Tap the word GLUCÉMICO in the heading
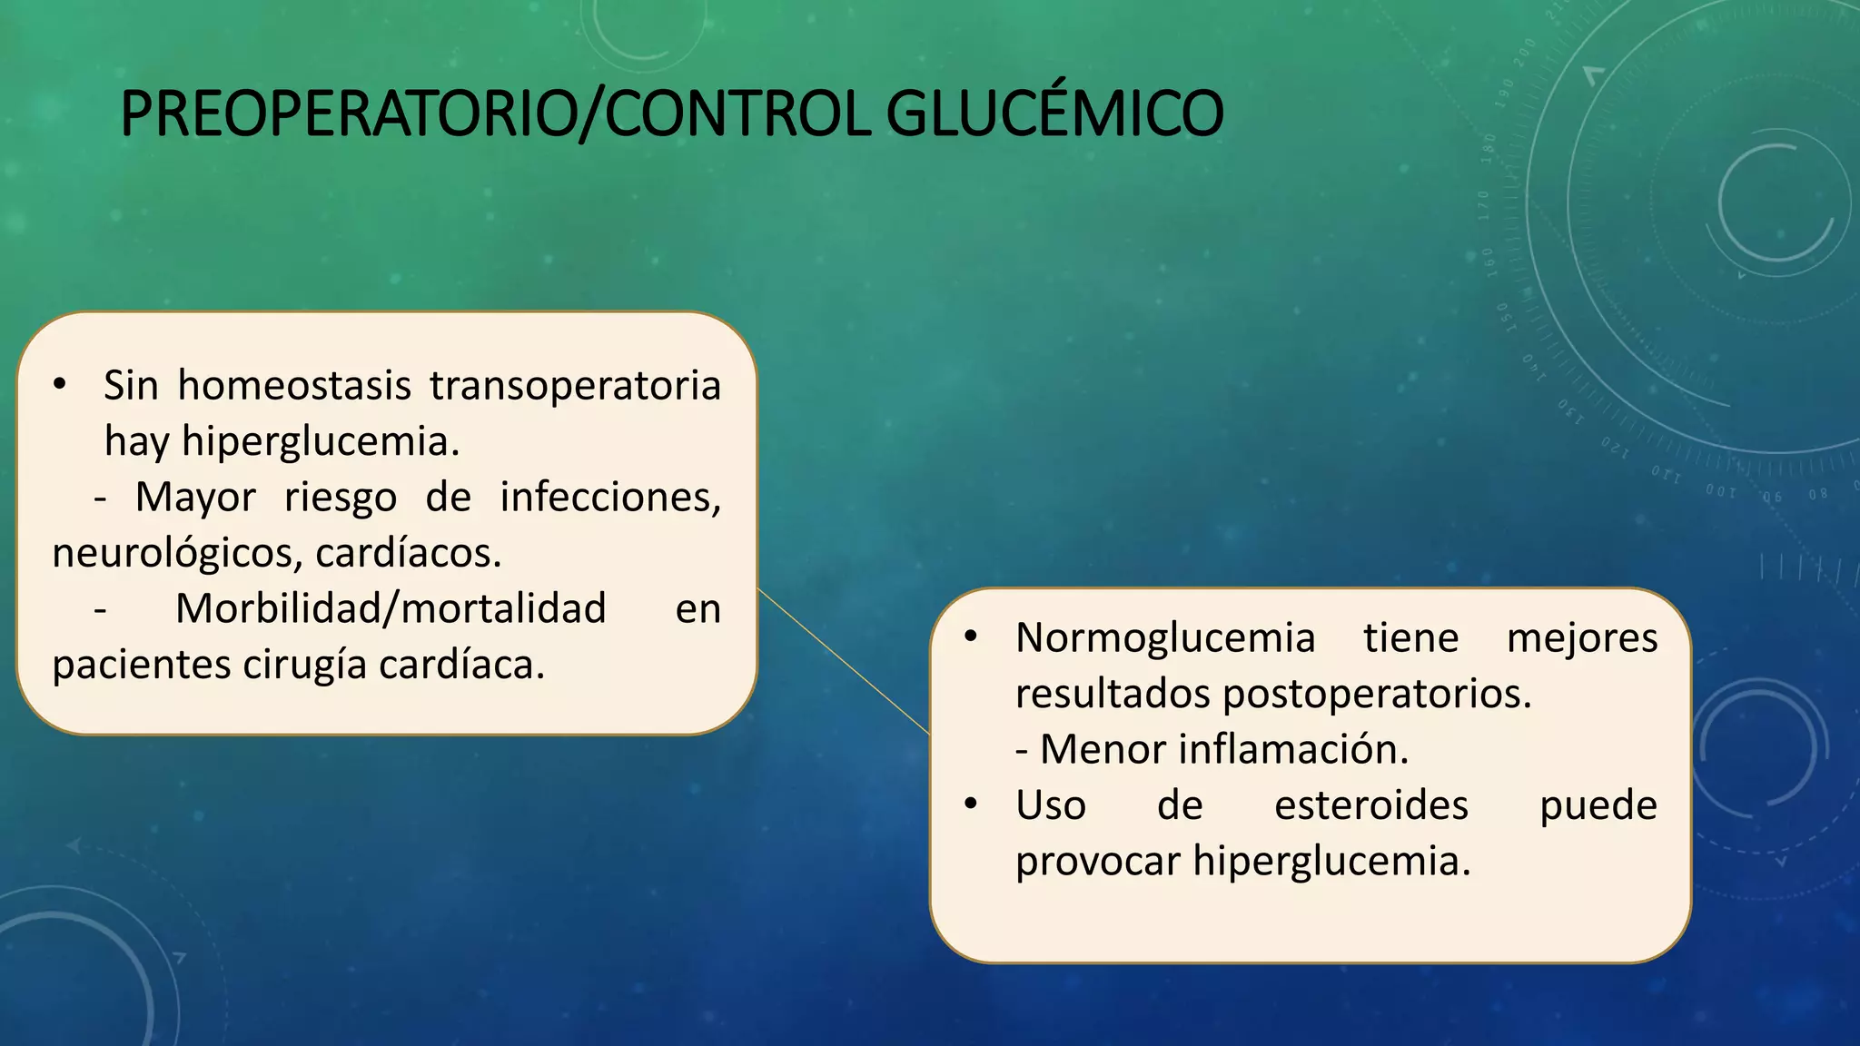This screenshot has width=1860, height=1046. (x=1054, y=114)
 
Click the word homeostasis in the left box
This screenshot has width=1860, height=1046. (x=293, y=386)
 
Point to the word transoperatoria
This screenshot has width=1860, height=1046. (x=575, y=386)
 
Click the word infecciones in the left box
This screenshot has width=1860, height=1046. (x=609, y=498)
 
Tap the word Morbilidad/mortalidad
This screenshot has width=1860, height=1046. (x=391, y=609)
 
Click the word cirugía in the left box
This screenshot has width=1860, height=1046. (x=304, y=666)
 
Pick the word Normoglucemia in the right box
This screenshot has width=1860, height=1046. (x=1165, y=638)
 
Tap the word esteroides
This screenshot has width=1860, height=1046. (x=1370, y=805)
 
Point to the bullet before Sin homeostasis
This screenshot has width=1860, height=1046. (x=60, y=386)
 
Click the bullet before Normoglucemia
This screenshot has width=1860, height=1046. (x=971, y=638)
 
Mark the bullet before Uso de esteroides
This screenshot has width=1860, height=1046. (x=971, y=805)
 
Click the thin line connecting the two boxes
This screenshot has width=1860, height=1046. (x=843, y=661)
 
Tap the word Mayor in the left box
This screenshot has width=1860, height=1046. (x=195, y=498)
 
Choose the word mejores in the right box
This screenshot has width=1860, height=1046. (x=1581, y=638)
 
